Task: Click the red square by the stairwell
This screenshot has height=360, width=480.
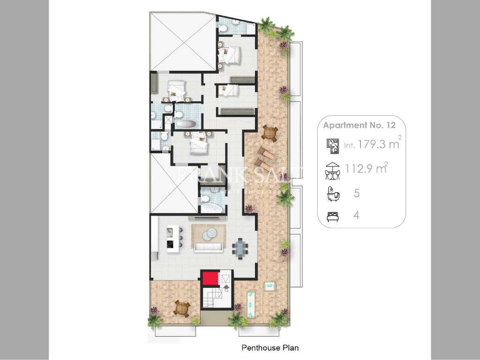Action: tap(210, 278)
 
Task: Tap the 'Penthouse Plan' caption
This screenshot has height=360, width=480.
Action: tap(270, 348)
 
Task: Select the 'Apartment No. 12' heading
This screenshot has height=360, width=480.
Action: tap(359, 125)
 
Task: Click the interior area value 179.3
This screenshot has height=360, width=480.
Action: tap(372, 144)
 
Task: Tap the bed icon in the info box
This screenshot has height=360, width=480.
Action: tap(333, 216)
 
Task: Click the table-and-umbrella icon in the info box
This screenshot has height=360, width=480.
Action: tap(332, 171)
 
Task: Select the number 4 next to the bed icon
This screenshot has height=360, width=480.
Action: tap(357, 216)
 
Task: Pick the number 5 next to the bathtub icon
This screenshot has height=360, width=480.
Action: tap(357, 193)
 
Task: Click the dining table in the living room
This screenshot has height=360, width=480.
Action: tap(240, 247)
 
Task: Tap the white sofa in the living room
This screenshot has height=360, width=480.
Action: tap(208, 248)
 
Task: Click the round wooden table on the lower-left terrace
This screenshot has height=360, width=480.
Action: tap(181, 308)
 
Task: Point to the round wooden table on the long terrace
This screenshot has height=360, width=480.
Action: tap(270, 133)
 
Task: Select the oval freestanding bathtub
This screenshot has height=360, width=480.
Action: tap(186, 124)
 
